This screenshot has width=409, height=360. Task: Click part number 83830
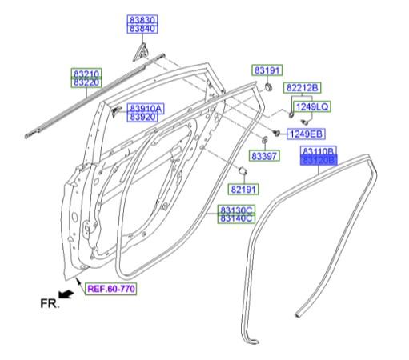click(144, 19)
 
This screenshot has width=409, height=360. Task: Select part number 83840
click(144, 29)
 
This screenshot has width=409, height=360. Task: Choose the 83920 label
click(143, 118)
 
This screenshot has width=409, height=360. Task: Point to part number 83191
click(268, 70)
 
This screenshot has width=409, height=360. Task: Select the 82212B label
click(303, 87)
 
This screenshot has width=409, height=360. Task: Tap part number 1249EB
click(305, 133)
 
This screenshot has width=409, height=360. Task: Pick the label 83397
click(265, 156)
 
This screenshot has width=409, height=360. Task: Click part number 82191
click(244, 189)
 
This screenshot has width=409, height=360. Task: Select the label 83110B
click(319, 151)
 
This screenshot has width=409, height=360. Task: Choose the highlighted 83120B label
click(319, 161)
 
